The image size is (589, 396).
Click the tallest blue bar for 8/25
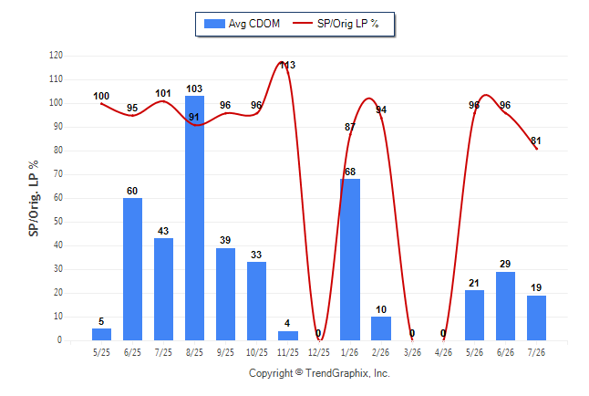[194, 218]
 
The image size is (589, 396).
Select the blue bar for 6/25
[132, 269]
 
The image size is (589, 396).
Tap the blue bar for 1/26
[350, 260]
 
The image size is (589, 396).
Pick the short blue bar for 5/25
[101, 334]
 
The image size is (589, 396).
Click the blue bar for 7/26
[536, 318]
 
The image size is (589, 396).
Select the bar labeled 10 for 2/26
[381, 328]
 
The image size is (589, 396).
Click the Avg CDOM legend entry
[242, 24]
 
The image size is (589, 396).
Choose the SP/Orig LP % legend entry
[336, 24]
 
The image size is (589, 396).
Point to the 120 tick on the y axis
[56, 56]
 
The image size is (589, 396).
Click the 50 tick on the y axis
[57, 222]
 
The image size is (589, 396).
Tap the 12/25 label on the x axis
[319, 352]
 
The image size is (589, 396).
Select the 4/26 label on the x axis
[443, 352]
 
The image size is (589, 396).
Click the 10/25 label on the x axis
[257, 352]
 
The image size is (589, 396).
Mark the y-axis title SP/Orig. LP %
[34, 198]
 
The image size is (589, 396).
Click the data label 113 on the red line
[288, 65]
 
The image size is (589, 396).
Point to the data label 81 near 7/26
[536, 141]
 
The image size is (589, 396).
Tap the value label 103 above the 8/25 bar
[194, 89]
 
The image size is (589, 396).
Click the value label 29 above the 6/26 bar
[505, 264]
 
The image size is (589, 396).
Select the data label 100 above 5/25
[101, 97]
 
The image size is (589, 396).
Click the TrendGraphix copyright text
[319, 373]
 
